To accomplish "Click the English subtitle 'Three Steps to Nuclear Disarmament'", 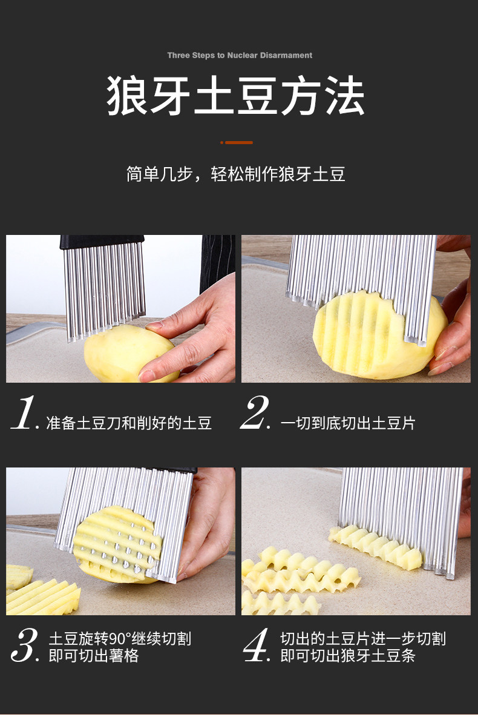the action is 240,55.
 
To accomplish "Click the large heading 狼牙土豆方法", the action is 236,96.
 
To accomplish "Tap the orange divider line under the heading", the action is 236,142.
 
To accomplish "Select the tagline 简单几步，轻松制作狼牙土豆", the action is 236,174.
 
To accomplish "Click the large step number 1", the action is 23,412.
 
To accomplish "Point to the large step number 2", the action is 254,412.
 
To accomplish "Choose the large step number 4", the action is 255,645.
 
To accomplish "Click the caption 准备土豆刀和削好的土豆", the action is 129,423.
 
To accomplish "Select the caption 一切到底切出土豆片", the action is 348,423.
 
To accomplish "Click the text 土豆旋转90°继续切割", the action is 120,638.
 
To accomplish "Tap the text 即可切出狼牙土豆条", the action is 348,655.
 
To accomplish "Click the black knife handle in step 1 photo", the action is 102,241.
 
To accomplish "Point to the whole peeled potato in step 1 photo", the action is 131,351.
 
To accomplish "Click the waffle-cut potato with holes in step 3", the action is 119,544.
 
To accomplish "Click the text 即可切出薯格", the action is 94,655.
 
